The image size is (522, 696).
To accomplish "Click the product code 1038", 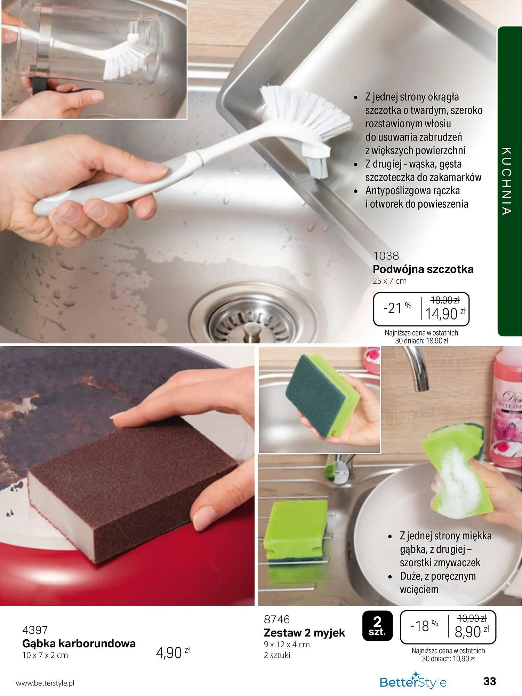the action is click(386, 256).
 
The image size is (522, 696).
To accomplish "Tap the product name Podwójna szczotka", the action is click(423, 269).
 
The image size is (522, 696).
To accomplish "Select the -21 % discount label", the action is click(397, 308).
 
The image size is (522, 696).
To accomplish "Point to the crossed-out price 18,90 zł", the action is click(445, 300).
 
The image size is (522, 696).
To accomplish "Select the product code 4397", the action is click(35, 630).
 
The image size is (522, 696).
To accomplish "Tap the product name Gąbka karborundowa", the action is click(79, 643).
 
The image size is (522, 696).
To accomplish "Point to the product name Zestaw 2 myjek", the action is click(304, 633).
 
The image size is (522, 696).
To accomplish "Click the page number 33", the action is click(490, 681).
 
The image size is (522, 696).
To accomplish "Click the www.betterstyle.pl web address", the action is click(45, 683).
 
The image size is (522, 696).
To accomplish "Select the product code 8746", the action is click(277, 619).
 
